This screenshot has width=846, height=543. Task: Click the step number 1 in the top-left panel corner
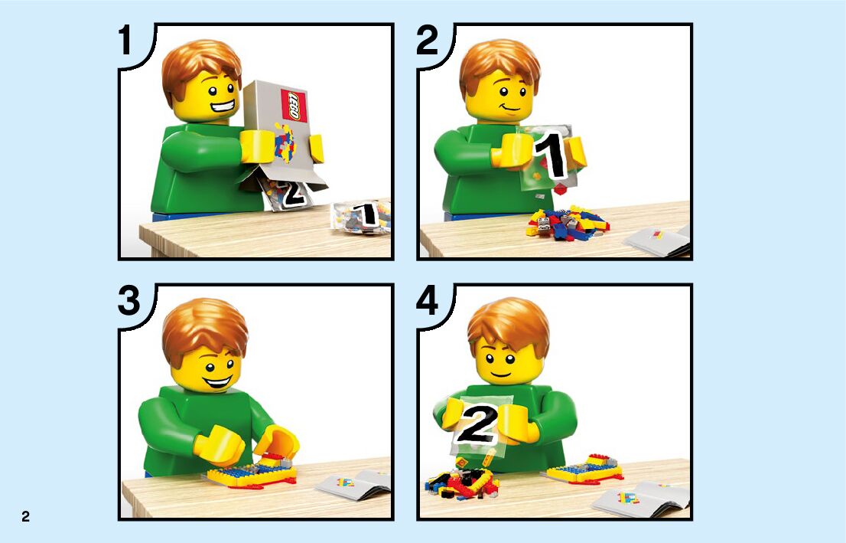(125, 41)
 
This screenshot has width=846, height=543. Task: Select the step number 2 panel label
(428, 41)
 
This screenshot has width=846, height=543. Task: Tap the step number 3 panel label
(129, 301)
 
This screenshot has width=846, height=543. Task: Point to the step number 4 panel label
(428, 301)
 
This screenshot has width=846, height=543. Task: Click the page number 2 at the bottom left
(25, 516)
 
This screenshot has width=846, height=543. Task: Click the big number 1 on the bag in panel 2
(550, 155)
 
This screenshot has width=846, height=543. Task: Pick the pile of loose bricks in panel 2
(568, 221)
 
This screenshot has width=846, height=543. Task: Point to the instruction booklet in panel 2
(658, 241)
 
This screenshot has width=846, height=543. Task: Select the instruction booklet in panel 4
(642, 496)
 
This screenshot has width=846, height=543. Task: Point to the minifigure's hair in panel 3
(204, 328)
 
